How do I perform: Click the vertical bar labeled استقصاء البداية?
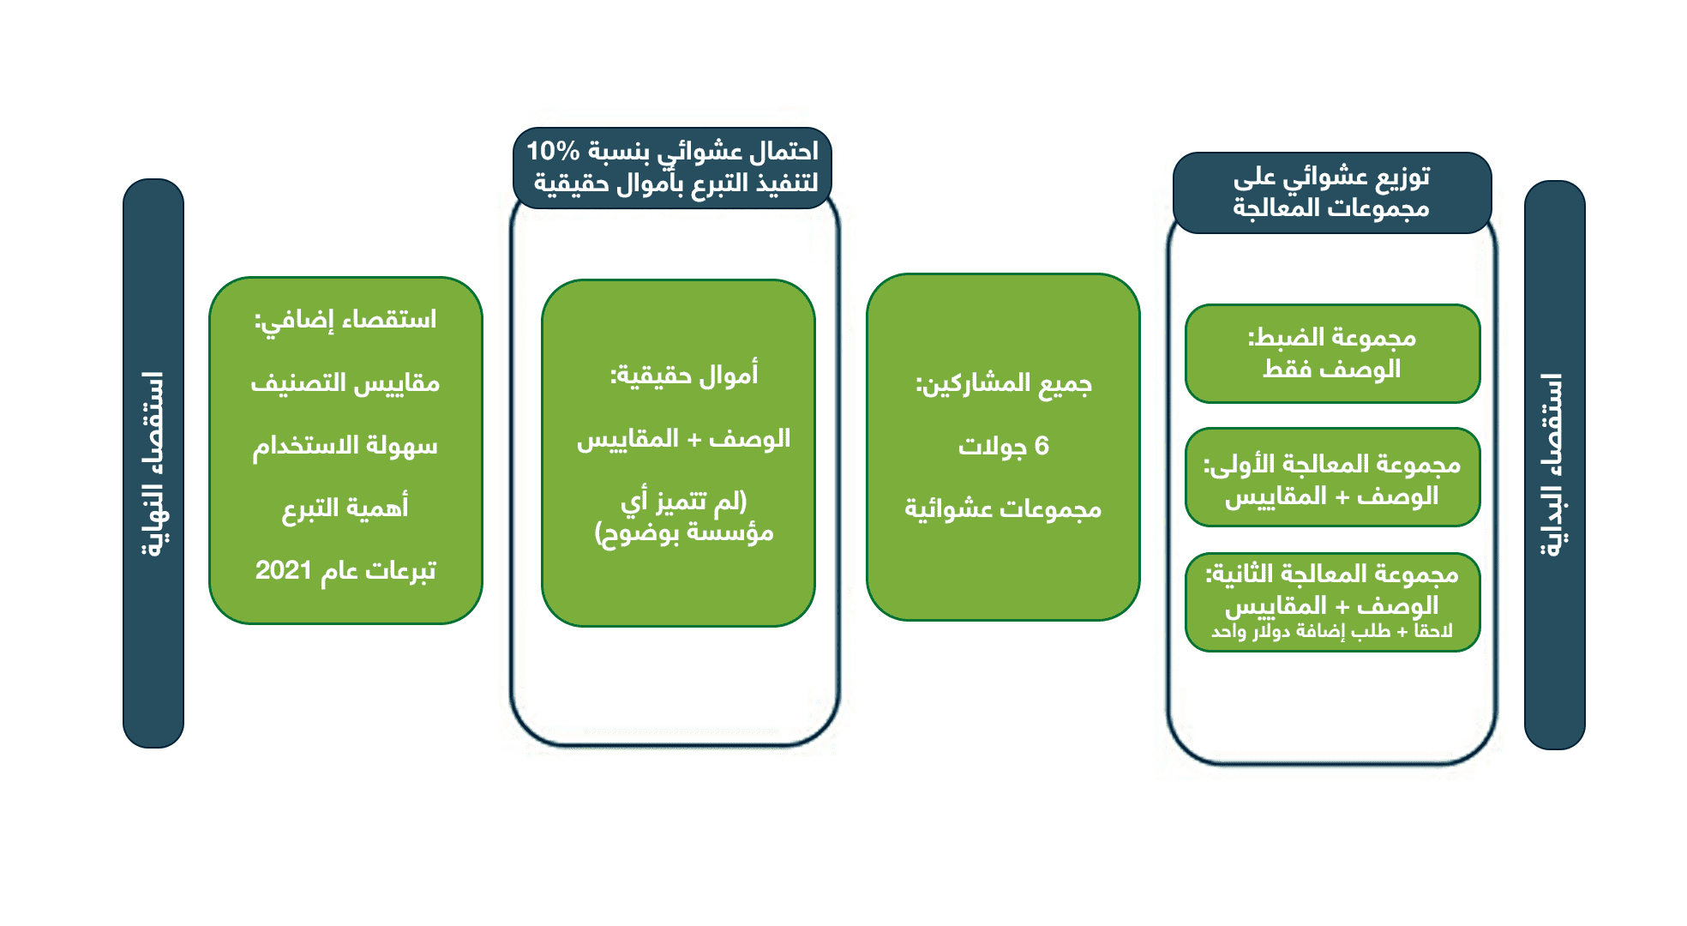pyautogui.click(x=1554, y=465)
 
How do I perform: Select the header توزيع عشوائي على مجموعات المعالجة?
pyautogui.click(x=1331, y=193)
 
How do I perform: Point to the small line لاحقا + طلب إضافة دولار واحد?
pyautogui.click(x=1331, y=632)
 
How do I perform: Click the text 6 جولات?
pyautogui.click(x=1003, y=447)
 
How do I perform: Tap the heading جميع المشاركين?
pyautogui.click(x=1003, y=383)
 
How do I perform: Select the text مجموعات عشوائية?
pyautogui.click(x=1003, y=509)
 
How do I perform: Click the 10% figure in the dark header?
pyautogui.click(x=553, y=152)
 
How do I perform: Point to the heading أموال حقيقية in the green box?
pyautogui.click(x=683, y=376)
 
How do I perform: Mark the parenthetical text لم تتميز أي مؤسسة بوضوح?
pyautogui.click(x=683, y=517)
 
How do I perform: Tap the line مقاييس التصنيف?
pyautogui.click(x=345, y=383)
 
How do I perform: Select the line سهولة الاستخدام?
pyautogui.click(x=345, y=446)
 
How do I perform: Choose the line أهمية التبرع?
pyautogui.click(x=345, y=508)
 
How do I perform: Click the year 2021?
pyautogui.click(x=283, y=571)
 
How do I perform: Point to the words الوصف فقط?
pyautogui.click(x=1331, y=370)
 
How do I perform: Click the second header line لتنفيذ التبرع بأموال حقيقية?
pyautogui.click(x=675, y=183)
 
